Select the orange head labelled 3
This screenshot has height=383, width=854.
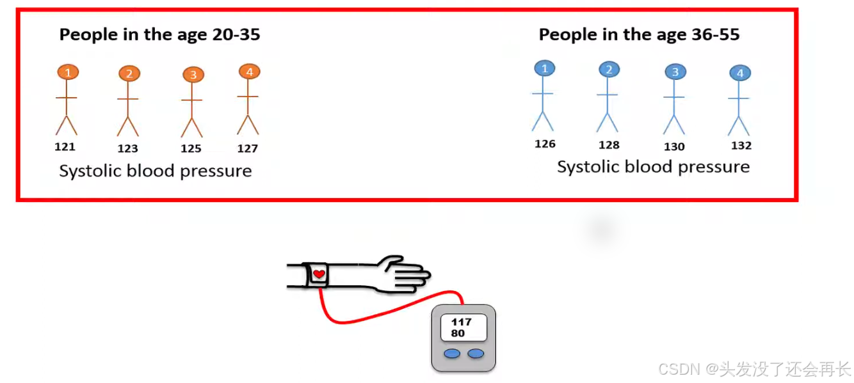[193, 75]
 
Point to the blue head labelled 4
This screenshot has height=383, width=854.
[740, 74]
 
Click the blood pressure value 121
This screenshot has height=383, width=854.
[65, 147]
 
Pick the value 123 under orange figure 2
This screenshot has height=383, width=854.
[128, 149]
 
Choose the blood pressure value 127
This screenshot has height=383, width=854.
[247, 149]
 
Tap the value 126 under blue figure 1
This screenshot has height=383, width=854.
[545, 144]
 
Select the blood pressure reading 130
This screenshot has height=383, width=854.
[674, 146]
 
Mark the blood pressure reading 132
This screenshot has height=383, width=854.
[741, 146]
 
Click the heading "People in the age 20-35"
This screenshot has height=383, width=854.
[159, 35]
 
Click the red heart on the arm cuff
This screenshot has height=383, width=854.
[319, 275]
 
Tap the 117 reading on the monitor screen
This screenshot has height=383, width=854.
[461, 322]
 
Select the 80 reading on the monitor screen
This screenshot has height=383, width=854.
[458, 333]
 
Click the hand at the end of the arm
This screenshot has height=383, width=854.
[407, 273]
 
